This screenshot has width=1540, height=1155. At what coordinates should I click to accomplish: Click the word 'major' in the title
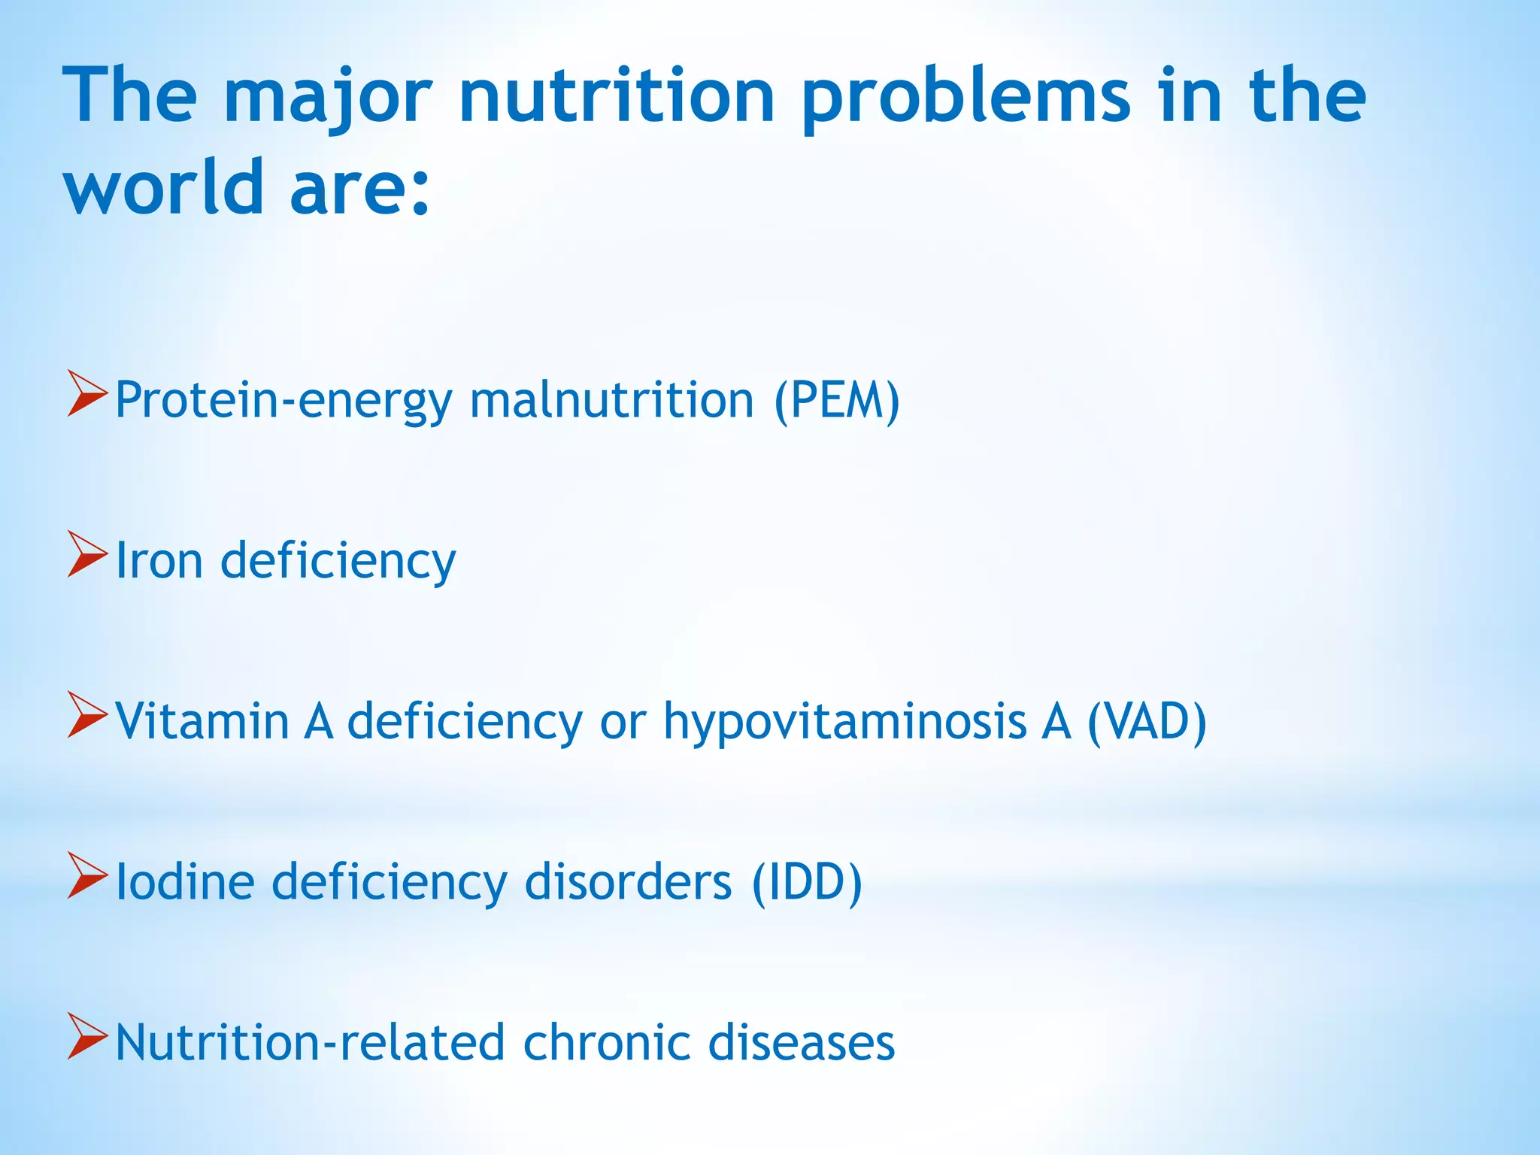(328, 98)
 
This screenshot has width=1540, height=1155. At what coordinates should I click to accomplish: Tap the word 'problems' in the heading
(966, 98)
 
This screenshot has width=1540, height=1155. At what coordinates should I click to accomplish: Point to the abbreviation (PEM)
(837, 400)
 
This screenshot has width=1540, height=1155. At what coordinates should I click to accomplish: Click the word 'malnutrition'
(611, 400)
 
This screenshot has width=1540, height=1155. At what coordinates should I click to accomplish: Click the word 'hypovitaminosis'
(844, 722)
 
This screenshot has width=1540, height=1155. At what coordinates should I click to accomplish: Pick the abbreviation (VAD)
(1147, 722)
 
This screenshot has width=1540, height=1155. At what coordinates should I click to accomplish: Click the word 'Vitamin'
(202, 722)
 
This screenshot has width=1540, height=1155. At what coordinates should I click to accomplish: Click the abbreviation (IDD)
(807, 882)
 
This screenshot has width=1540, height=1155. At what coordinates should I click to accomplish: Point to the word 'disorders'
(628, 882)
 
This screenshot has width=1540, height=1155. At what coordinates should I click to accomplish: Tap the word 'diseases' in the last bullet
(802, 1043)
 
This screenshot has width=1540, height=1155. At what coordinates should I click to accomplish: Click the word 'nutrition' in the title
(617, 98)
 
